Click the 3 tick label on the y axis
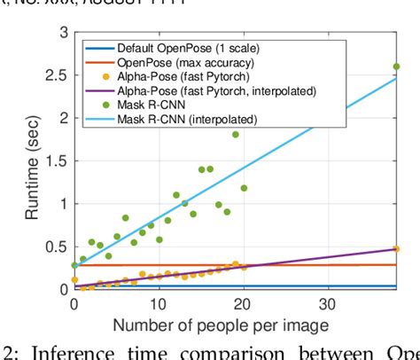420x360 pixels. pos(62,32)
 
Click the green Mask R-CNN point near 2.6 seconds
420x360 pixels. pos(396,67)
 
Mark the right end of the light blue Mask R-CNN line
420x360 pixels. pos(397,77)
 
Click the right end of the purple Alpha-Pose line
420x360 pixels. pos(397,249)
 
